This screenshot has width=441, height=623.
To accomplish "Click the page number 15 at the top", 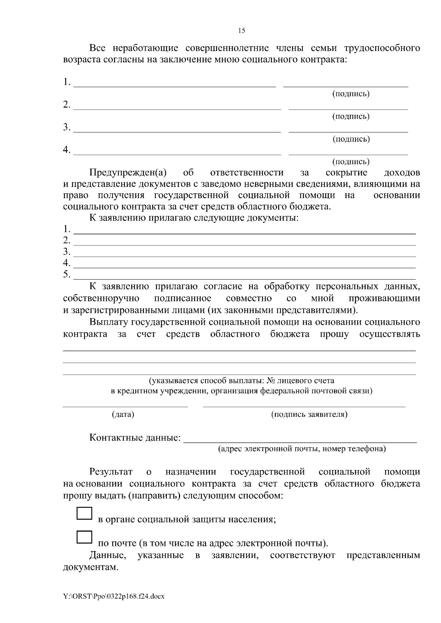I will pyautogui.click(x=241, y=30).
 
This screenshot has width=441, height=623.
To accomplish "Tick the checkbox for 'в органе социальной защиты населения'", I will pyautogui.click(x=84, y=513).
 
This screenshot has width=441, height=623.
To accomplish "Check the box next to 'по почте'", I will pyautogui.click(x=84, y=537).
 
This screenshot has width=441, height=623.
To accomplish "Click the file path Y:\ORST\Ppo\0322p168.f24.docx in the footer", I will pyautogui.click(x=114, y=597).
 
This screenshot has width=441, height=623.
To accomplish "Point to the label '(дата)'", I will pyautogui.click(x=123, y=415).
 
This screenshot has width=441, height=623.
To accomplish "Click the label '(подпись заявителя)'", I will pyautogui.click(x=309, y=415).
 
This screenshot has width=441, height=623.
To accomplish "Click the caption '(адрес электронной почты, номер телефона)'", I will pyautogui.click(x=302, y=448).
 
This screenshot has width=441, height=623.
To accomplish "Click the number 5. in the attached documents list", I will pyautogui.click(x=67, y=274).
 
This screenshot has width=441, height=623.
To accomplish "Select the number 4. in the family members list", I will pyautogui.click(x=67, y=150).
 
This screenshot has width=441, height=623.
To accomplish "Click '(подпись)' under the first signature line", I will pyautogui.click(x=351, y=94).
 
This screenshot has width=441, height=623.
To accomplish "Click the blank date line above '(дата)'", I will pyautogui.click(x=125, y=406).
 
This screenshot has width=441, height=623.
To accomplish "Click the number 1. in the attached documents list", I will pyautogui.click(x=67, y=229).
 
